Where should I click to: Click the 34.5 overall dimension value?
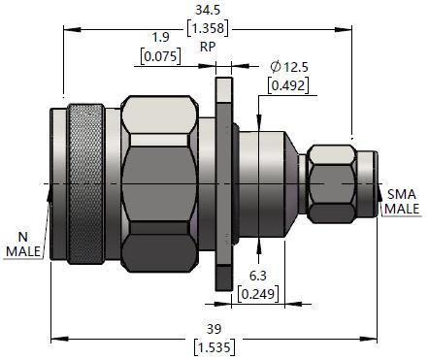tap(208, 10)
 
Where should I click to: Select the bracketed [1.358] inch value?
tap(208, 28)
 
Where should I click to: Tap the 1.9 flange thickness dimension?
tap(160, 37)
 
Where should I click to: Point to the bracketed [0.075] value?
tap(160, 56)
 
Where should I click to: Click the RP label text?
tap(208, 47)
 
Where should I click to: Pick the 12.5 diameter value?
tap(296, 67)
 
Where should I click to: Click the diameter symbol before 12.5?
tap(276, 67)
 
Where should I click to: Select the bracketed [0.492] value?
tap(288, 85)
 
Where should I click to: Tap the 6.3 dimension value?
tap(258, 276)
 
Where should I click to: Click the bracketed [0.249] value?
tap(258, 294)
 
